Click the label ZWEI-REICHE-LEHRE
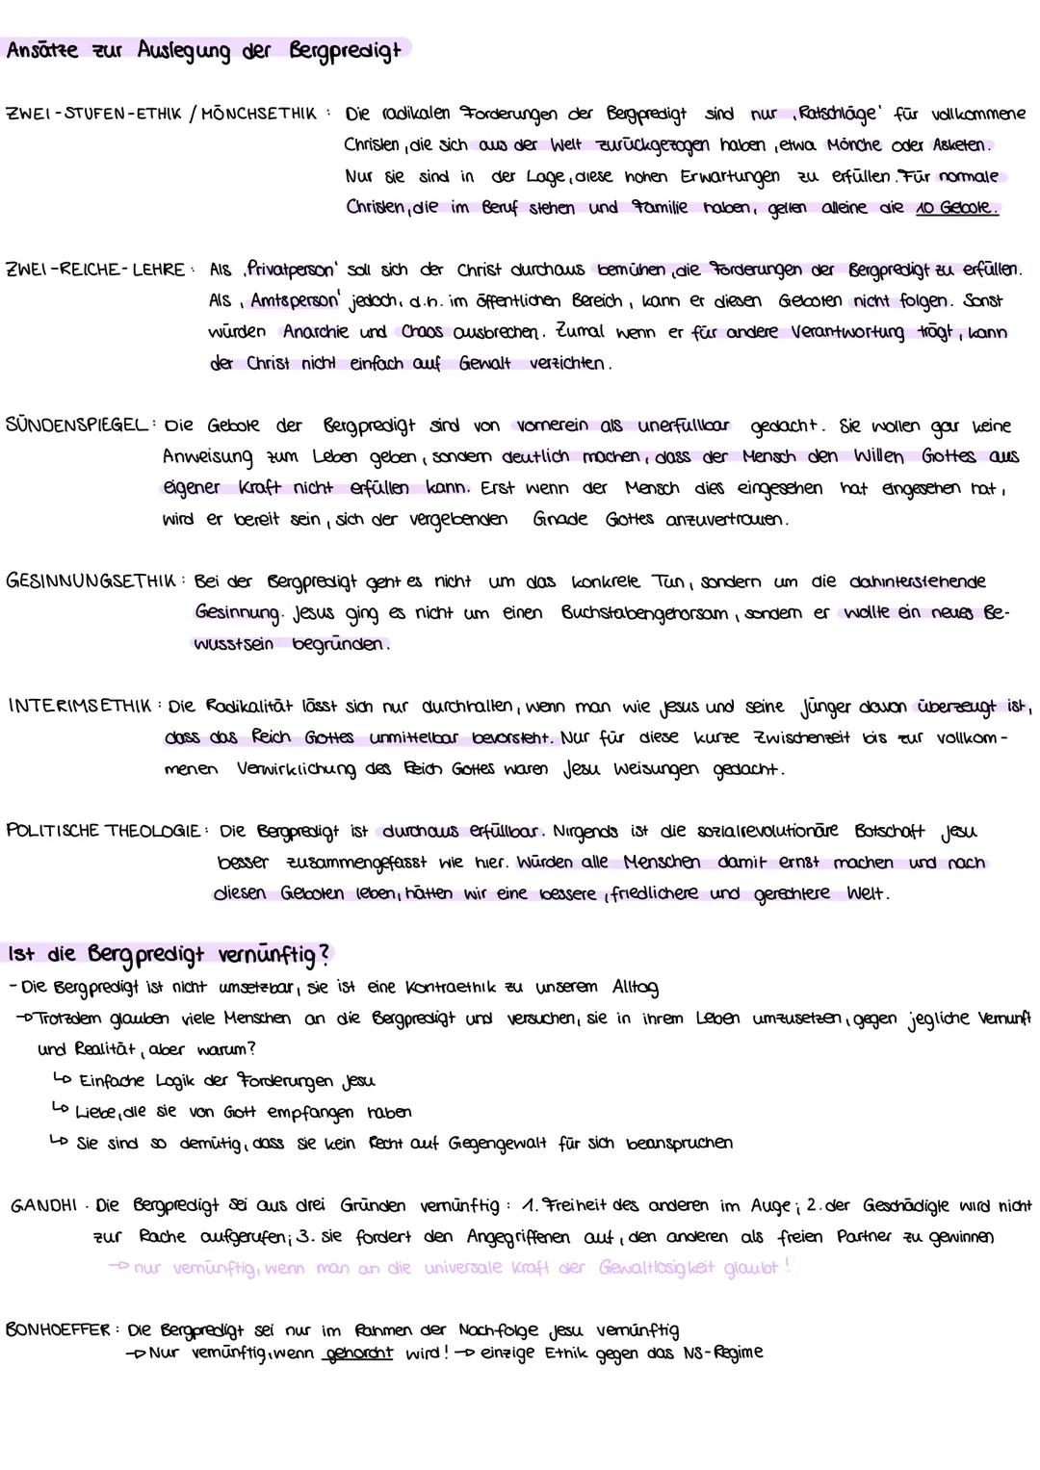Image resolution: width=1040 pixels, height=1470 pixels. [x=94, y=271]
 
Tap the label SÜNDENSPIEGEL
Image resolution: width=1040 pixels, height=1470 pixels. [x=77, y=426]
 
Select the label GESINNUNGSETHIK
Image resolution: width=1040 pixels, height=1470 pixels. [x=91, y=581]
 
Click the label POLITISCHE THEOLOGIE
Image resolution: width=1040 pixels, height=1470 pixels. [x=103, y=831]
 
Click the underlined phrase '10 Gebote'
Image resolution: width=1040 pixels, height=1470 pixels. [x=956, y=208]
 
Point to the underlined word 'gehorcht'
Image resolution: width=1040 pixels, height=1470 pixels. [x=358, y=1354]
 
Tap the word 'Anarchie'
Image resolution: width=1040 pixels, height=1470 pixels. [x=318, y=332]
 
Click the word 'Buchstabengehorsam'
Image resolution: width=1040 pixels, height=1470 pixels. [x=642, y=613]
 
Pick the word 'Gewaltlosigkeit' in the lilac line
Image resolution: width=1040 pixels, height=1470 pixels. [x=686, y=1268]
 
